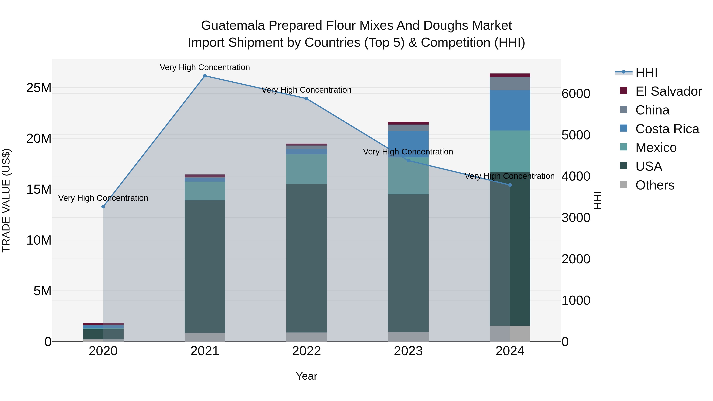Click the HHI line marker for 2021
click(x=205, y=76)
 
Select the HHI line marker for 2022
click(x=306, y=99)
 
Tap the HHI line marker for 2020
click(x=103, y=207)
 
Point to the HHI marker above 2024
click(x=510, y=185)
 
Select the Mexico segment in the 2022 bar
click(x=306, y=169)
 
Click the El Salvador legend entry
click(x=668, y=91)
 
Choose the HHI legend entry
click(x=646, y=72)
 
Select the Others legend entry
click(x=655, y=185)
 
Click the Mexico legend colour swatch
click(x=624, y=147)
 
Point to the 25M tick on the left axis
click(x=39, y=88)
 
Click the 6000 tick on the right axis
click(x=576, y=94)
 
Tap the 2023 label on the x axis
click(x=408, y=351)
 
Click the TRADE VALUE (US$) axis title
click(x=6, y=200)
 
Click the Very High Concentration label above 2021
click(x=205, y=67)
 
